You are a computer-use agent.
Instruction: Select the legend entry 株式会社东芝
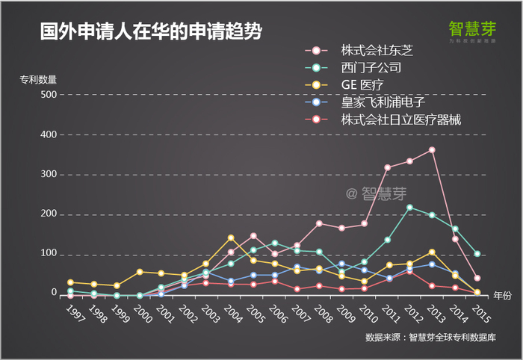click(377, 50)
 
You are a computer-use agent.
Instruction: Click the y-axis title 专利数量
click(39, 78)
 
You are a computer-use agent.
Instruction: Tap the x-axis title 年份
click(503, 296)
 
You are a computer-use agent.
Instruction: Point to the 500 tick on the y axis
click(46, 95)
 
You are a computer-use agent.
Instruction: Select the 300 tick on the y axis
click(46, 175)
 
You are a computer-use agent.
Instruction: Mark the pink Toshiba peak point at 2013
click(432, 150)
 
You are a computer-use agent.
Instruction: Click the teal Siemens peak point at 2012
click(409, 207)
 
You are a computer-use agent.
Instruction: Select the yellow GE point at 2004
click(231, 238)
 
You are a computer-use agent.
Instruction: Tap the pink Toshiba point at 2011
click(387, 167)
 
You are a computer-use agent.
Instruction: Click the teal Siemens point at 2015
click(477, 254)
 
